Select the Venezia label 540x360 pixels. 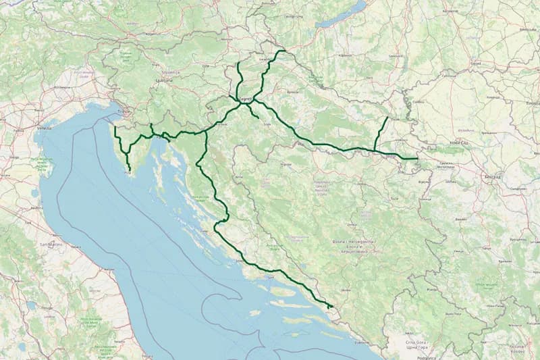click(x=45, y=127)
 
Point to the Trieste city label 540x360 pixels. click(x=123, y=112)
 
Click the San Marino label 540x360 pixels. click(x=51, y=243)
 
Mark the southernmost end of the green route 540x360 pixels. click(x=329, y=308)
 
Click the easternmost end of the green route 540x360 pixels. click(x=418, y=159)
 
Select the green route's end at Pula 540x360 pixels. click(x=129, y=175)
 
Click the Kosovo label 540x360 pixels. click(x=516, y=351)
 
